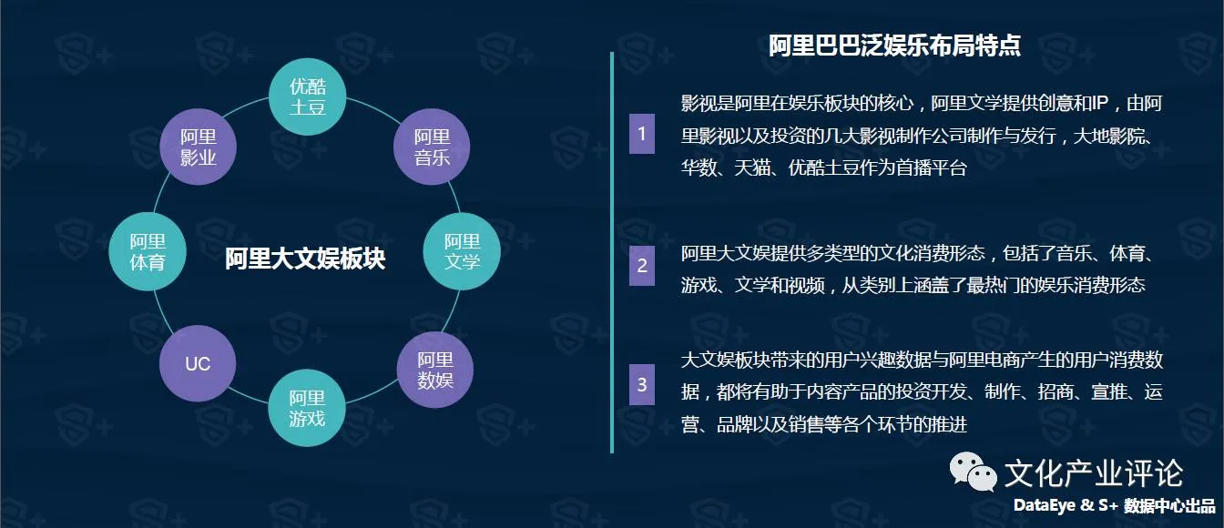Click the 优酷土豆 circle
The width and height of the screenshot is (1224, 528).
coord(308,97)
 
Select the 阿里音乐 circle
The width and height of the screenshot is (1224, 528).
coord(432,147)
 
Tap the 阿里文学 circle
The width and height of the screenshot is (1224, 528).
coord(462,252)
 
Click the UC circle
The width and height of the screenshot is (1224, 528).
coord(198,364)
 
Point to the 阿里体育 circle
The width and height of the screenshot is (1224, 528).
coord(147,252)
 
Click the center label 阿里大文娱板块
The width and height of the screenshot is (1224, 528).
coord(305,259)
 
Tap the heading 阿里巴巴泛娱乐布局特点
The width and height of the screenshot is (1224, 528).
coord(893,46)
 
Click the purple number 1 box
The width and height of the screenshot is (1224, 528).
coord(641,135)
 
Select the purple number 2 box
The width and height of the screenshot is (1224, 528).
coord(641,266)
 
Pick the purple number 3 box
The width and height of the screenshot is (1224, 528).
coord(641,385)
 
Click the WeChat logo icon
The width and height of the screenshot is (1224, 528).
coord(973,472)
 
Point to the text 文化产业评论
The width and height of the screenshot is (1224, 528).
coord(1093,473)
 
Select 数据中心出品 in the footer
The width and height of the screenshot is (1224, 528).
coord(1169,506)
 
